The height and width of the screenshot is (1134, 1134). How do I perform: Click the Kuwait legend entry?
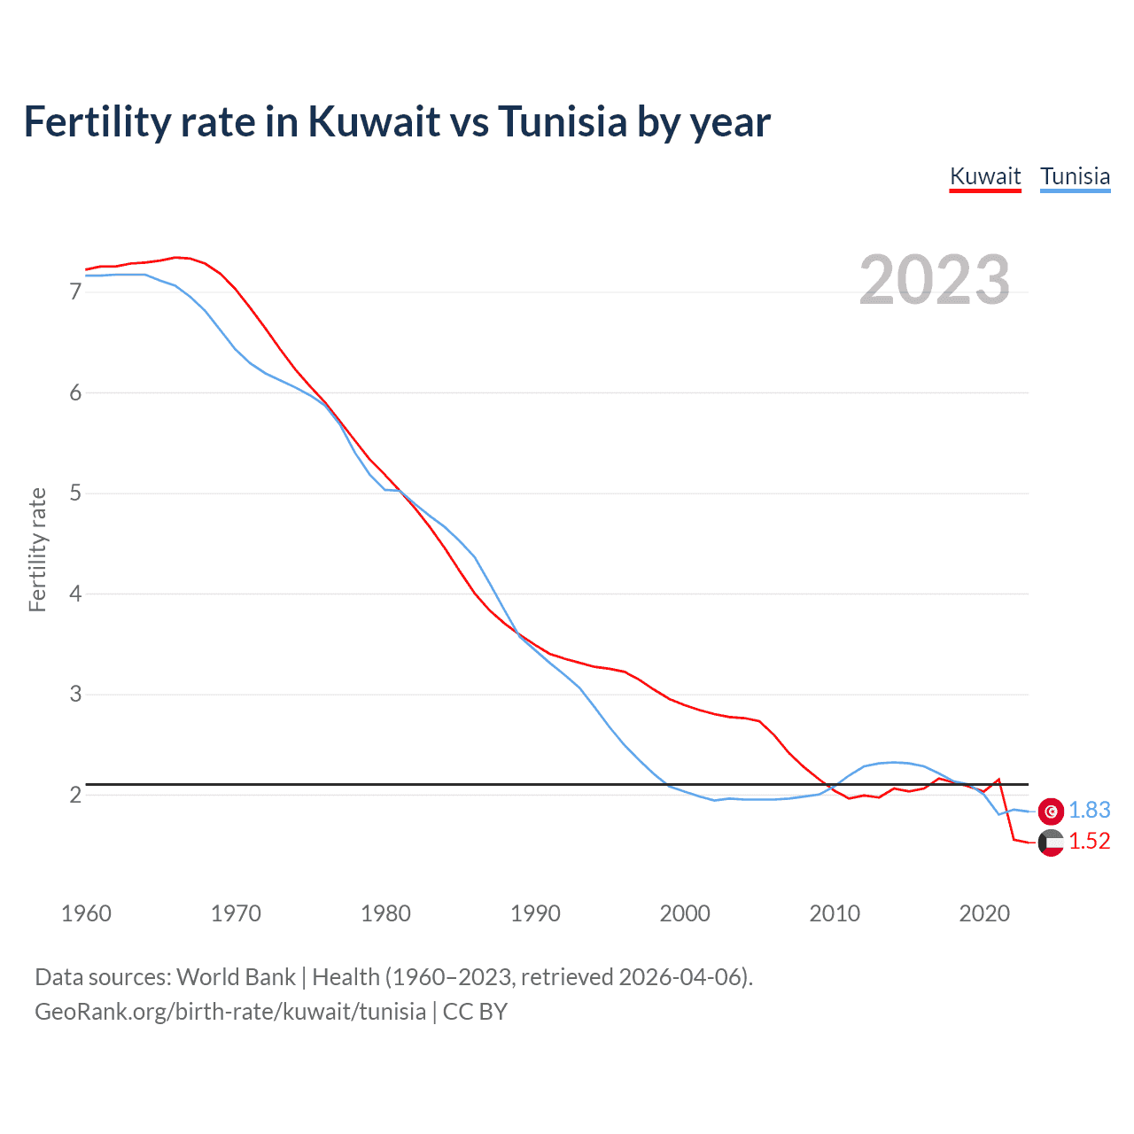pyautogui.click(x=985, y=176)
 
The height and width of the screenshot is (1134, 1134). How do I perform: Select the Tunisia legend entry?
pyautogui.click(x=1075, y=176)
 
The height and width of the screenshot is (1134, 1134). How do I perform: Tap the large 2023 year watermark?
pyautogui.click(x=935, y=280)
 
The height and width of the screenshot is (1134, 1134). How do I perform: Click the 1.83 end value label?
pyautogui.click(x=1089, y=810)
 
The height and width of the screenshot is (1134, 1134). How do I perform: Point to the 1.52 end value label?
pyautogui.click(x=1089, y=841)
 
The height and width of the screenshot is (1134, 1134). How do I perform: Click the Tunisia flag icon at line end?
pyautogui.click(x=1051, y=811)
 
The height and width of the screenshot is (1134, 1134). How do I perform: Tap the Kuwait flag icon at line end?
pyautogui.click(x=1051, y=843)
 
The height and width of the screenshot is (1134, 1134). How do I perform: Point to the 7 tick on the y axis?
pyautogui.click(x=75, y=291)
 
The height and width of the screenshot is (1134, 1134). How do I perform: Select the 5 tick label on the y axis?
pyautogui.click(x=75, y=493)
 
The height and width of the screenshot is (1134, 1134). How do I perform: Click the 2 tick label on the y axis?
pyautogui.click(x=75, y=795)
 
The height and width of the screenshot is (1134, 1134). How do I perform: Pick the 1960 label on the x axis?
pyautogui.click(x=86, y=913)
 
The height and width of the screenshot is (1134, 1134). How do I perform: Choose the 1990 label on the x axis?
pyautogui.click(x=535, y=913)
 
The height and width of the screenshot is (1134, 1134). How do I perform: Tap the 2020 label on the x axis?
pyautogui.click(x=984, y=913)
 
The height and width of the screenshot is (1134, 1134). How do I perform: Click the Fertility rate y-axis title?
pyautogui.click(x=37, y=549)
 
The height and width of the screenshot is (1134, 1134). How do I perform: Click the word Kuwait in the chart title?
pyautogui.click(x=374, y=121)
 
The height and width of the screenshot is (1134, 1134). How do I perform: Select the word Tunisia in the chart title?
pyautogui.click(x=563, y=121)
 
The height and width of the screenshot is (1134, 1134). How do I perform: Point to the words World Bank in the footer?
pyautogui.click(x=236, y=977)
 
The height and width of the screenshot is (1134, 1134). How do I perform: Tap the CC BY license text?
pyautogui.click(x=475, y=1012)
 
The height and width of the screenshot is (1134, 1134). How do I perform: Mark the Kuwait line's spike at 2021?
pyautogui.click(x=998, y=780)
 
